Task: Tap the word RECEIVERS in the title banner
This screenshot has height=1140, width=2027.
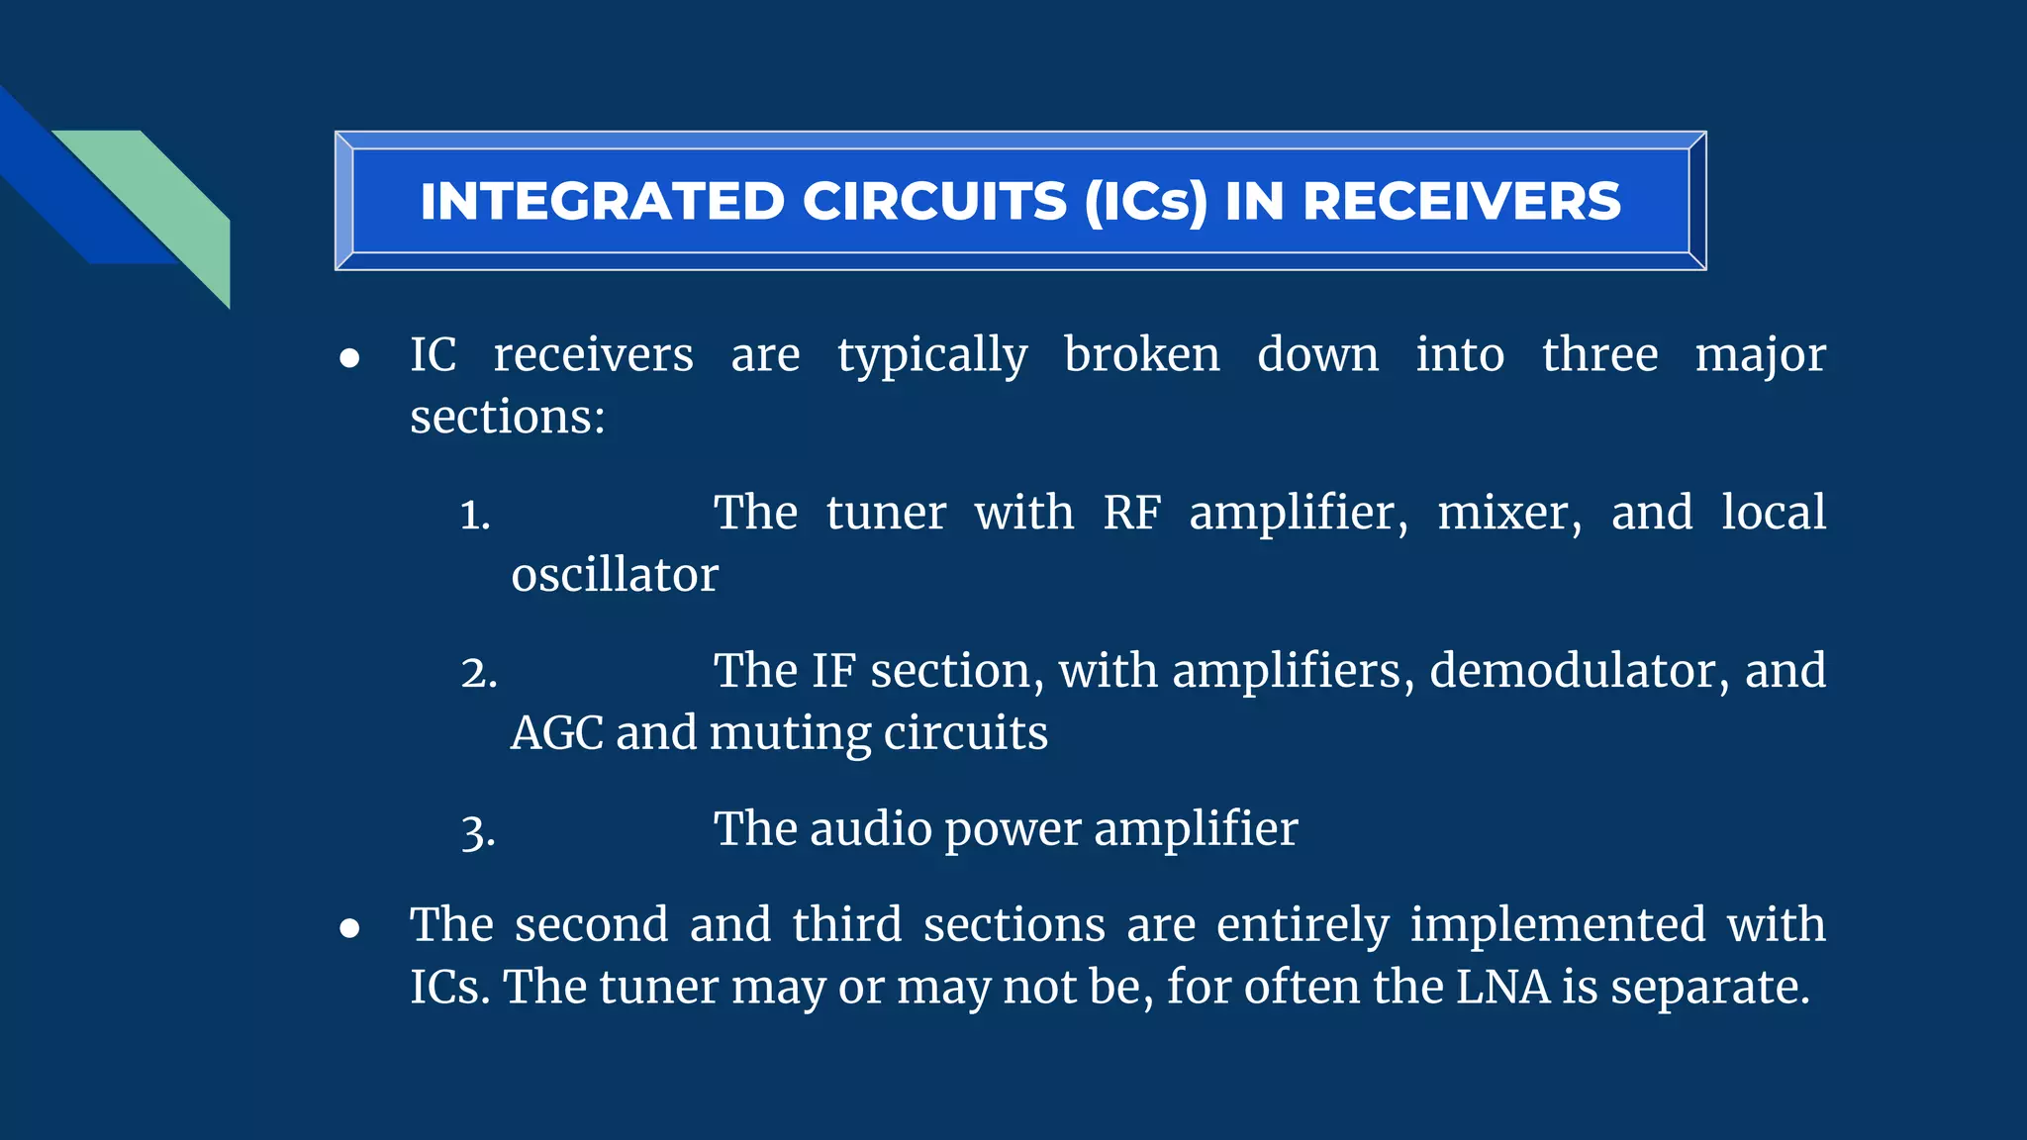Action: (x=1462, y=202)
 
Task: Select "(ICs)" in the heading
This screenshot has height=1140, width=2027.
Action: (x=1146, y=202)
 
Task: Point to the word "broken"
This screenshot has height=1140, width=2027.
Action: (x=1142, y=354)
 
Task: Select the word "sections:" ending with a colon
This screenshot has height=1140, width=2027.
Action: (x=508, y=417)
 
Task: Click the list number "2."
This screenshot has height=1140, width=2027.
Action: (x=479, y=674)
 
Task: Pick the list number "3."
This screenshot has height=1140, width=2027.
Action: (x=478, y=832)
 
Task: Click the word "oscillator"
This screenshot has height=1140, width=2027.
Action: (x=615, y=575)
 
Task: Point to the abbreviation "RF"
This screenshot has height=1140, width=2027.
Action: (x=1131, y=513)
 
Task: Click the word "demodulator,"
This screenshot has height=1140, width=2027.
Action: (x=1580, y=671)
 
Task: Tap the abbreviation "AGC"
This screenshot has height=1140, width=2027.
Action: (x=556, y=733)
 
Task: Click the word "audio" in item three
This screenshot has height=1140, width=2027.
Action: (x=871, y=829)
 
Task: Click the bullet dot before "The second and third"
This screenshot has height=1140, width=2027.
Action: (x=349, y=928)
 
